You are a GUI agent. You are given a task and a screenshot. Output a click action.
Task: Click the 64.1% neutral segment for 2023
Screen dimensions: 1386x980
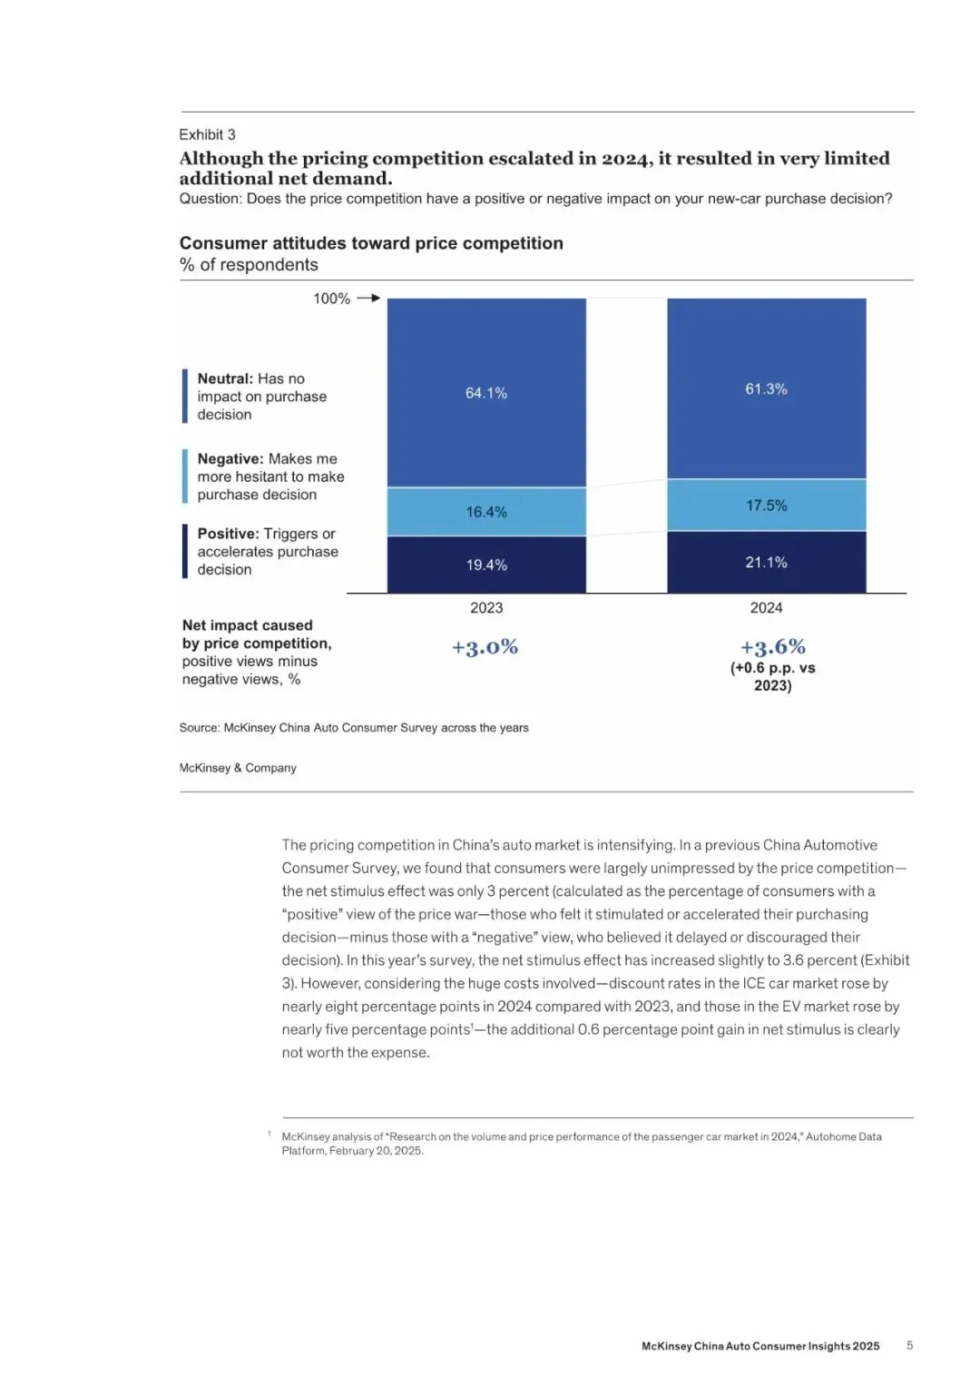coord(486,393)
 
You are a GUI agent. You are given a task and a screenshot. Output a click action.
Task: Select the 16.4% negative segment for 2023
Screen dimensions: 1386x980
coord(486,512)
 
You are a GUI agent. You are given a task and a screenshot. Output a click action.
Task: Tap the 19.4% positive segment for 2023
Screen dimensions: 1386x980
coord(486,565)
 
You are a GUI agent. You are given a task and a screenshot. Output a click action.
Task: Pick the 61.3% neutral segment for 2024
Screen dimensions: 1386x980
coord(766,388)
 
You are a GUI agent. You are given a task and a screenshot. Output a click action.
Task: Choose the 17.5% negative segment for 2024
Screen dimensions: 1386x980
coord(766,506)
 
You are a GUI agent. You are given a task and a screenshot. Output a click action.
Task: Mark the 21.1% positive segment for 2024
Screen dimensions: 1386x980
coord(766,563)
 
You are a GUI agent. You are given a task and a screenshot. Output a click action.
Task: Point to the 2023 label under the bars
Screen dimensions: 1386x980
coord(486,608)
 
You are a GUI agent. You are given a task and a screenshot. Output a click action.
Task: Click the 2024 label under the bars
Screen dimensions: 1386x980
coord(766,608)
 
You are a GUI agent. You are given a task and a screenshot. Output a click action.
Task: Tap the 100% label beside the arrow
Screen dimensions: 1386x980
coord(331,299)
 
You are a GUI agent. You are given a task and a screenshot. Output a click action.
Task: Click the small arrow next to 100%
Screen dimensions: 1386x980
coord(368,298)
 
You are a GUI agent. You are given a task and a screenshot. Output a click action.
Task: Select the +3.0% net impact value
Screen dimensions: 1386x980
coord(485,647)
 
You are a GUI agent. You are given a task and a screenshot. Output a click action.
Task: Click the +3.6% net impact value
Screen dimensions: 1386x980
coord(772,647)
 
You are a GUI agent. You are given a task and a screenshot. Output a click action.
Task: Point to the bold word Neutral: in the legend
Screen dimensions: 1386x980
coord(225,378)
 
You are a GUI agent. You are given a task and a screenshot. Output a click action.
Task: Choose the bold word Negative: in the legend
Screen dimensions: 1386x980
coord(230,459)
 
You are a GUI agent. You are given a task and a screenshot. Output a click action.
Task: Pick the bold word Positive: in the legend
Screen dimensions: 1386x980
coord(228,534)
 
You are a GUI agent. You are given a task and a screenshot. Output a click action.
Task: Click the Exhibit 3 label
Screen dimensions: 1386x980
coord(207,134)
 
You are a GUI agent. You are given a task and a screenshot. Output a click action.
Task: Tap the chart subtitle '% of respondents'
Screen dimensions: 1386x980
coord(249,265)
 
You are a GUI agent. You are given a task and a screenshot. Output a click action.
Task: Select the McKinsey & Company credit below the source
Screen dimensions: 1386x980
coord(238,768)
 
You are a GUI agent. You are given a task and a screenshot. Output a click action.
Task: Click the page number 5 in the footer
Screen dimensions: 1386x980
coord(909,1346)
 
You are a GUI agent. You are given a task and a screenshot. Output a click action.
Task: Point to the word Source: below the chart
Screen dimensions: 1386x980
coord(199,728)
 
